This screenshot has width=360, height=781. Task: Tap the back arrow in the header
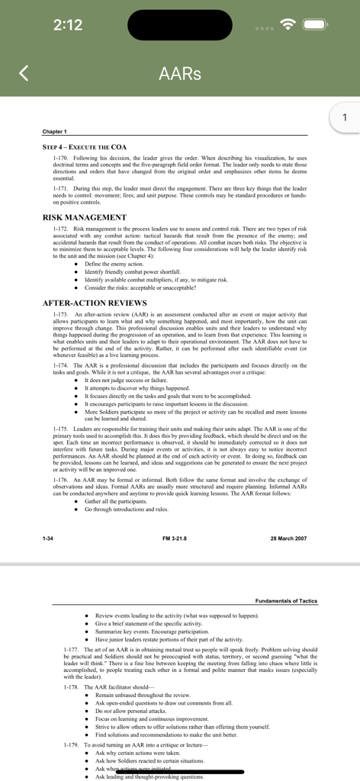tap(24, 73)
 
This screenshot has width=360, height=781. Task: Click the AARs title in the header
tap(180, 74)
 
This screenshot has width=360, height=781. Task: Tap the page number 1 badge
tap(345, 117)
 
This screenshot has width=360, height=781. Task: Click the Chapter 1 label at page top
tap(55, 132)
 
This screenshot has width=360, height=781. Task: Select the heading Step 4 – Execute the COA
tap(85, 146)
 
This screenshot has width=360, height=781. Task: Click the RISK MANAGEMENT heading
tap(84, 217)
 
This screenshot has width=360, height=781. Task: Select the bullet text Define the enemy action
tap(114, 264)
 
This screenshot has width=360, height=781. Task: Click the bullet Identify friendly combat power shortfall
tap(133, 272)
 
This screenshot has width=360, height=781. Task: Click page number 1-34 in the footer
tap(48, 538)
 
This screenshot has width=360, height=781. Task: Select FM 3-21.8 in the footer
tap(175, 538)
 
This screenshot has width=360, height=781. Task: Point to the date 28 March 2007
tap(288, 538)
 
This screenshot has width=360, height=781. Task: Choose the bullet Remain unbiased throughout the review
tap(143, 696)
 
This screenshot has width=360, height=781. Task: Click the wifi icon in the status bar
tap(288, 25)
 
